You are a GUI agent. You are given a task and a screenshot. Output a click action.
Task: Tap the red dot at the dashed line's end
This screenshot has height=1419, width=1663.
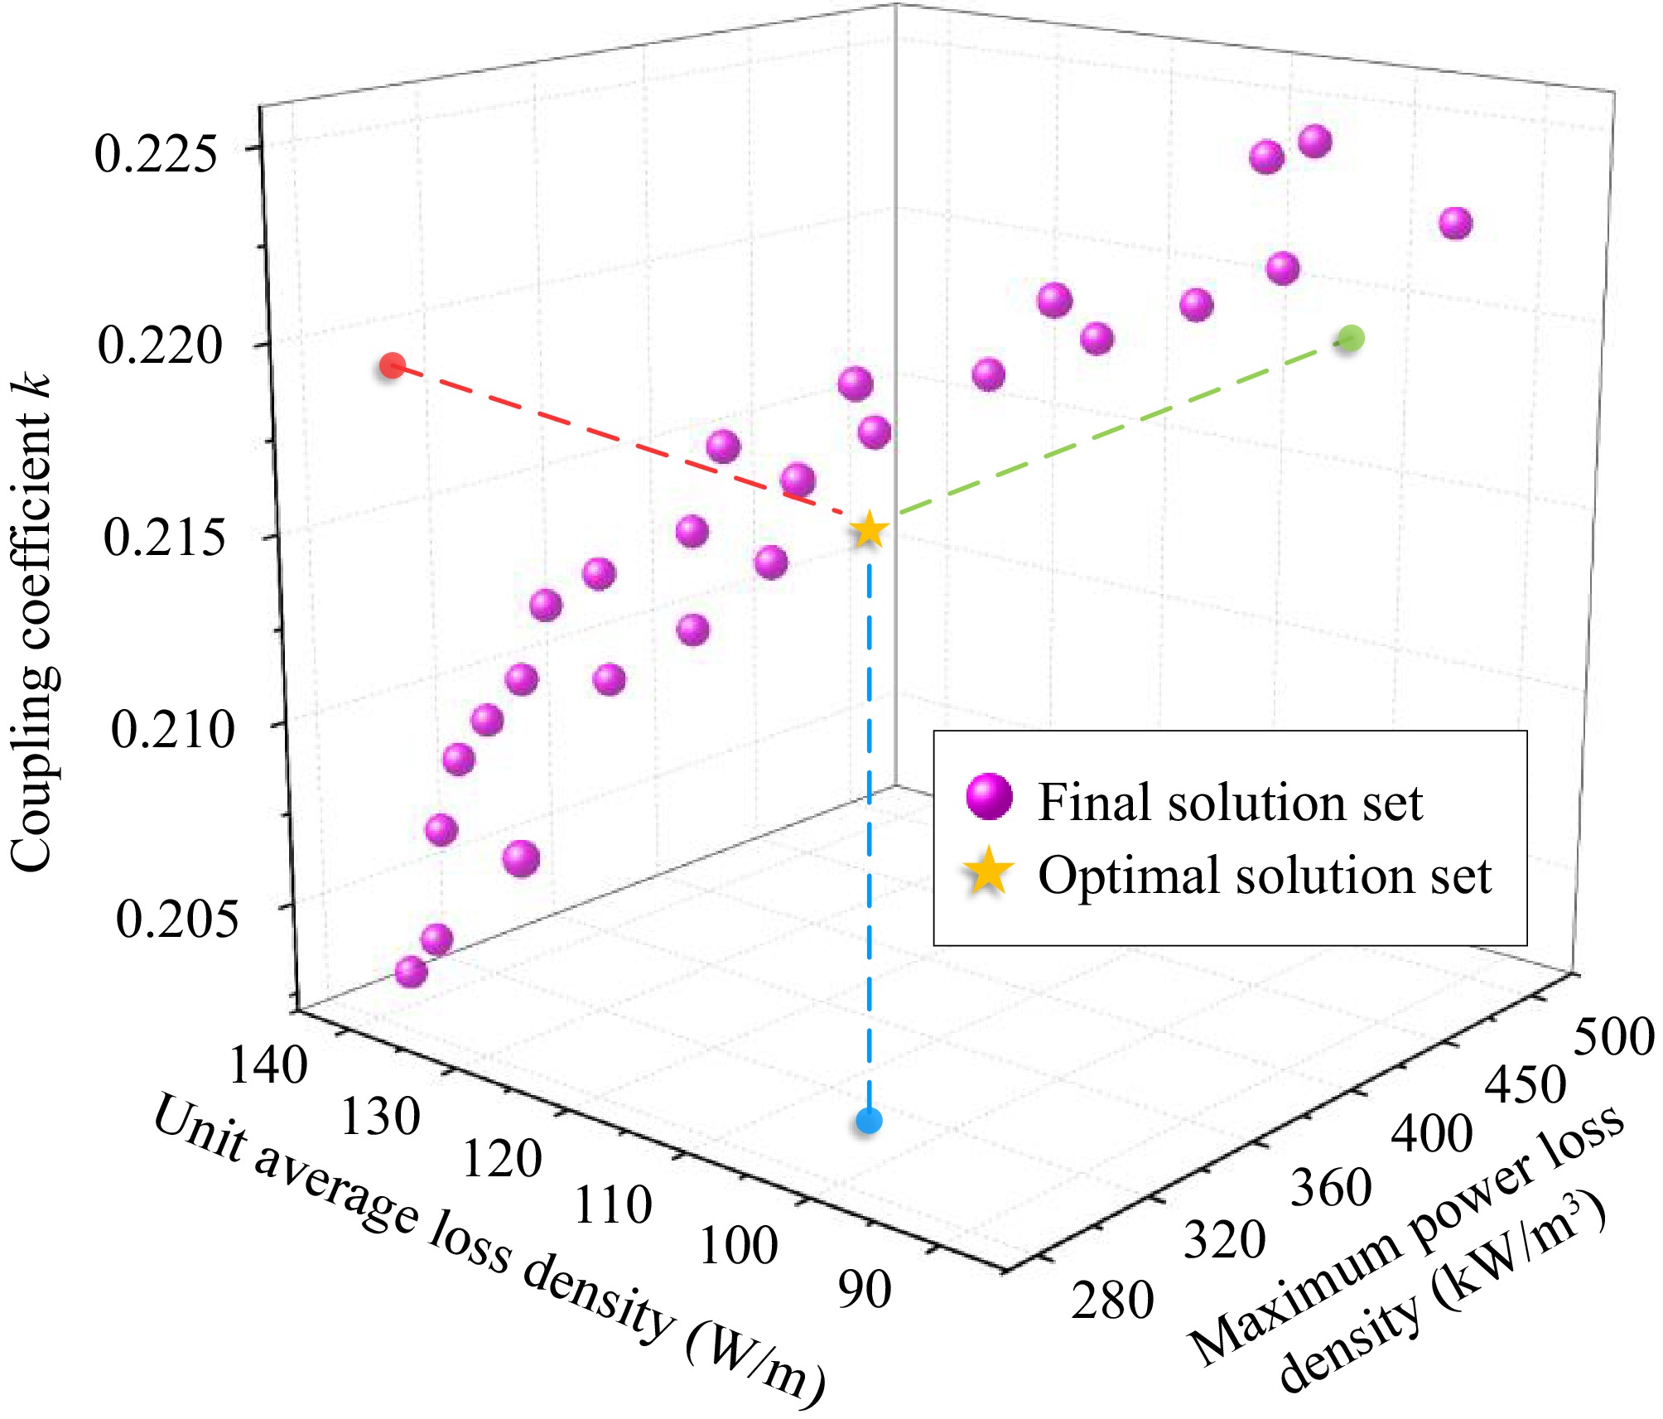(392, 365)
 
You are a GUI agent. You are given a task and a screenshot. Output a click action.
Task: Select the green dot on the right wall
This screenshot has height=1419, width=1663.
(1351, 338)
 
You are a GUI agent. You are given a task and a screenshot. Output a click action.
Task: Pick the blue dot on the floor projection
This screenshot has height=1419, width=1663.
(869, 1122)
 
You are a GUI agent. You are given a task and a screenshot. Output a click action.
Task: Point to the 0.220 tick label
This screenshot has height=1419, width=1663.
(160, 345)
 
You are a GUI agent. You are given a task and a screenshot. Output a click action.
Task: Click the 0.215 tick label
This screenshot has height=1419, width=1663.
(163, 537)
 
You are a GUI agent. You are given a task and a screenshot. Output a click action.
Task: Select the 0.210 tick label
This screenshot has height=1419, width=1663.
(172, 730)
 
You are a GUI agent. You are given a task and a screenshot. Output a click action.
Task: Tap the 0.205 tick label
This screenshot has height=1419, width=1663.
(176, 919)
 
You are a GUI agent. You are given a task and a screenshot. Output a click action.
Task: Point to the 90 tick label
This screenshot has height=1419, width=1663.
(864, 1289)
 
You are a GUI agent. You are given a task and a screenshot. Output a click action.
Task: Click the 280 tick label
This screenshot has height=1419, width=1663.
(1112, 1300)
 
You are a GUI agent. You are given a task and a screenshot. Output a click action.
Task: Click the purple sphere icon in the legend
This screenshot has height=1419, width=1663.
(989, 798)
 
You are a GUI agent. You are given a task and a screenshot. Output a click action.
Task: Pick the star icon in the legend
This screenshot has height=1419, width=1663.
(987, 874)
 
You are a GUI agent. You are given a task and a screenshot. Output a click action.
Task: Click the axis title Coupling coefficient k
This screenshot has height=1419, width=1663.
(33, 621)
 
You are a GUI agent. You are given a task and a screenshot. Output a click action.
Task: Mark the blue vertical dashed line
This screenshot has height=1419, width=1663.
(869, 828)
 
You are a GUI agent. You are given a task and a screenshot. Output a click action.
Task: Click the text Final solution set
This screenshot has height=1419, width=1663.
(1230, 802)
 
